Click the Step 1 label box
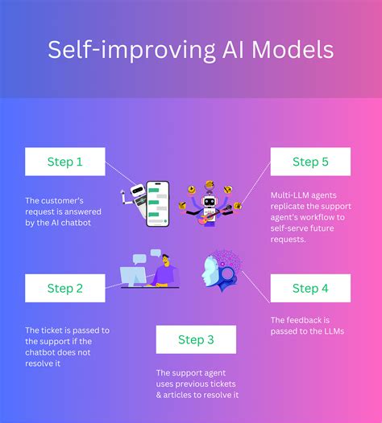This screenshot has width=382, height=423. click(x=65, y=162)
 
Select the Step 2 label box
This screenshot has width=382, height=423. click(x=65, y=288)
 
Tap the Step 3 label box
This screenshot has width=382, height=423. click(x=196, y=339)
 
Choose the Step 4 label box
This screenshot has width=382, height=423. click(x=310, y=288)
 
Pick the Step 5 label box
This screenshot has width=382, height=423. click(x=310, y=162)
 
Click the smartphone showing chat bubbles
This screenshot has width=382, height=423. click(x=158, y=202)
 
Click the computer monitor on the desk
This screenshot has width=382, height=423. click(x=135, y=274)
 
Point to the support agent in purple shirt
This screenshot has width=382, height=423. click(x=165, y=270)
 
